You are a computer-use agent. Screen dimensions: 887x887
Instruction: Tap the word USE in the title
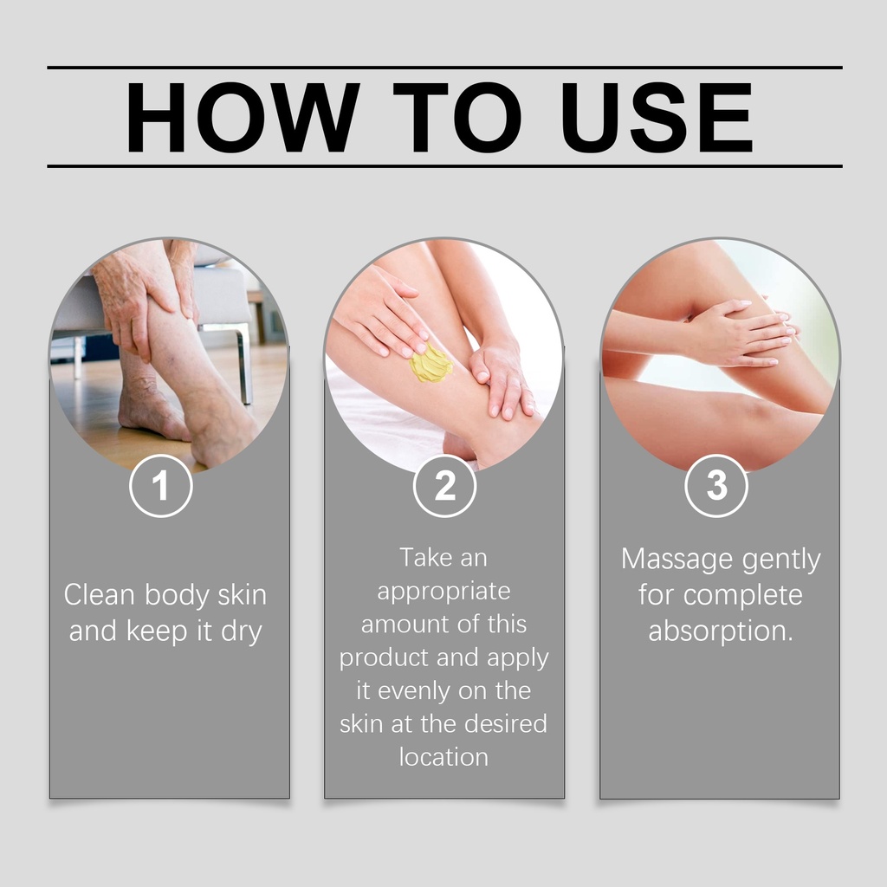pos(657,117)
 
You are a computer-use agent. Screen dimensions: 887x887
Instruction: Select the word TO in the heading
pos(457,117)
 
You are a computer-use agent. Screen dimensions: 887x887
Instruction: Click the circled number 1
pos(160,485)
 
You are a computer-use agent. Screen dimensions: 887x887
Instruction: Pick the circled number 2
pos(444,485)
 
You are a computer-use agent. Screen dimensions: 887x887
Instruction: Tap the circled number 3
pos(716,485)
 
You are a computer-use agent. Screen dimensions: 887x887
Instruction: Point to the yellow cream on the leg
pos(431,363)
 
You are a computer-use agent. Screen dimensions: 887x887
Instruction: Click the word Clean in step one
pos(100,595)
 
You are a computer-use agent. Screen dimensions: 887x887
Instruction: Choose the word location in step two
pos(443,757)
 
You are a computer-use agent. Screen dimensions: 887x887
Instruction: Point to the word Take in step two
pos(424,557)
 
